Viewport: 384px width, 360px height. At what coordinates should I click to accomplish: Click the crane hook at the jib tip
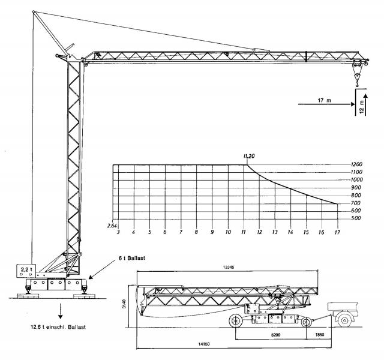coord(357,85)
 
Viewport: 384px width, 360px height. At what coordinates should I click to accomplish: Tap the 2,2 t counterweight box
coord(26,271)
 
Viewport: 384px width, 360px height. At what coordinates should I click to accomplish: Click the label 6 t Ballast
coord(132,258)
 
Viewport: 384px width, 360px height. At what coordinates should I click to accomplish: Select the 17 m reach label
coord(324,100)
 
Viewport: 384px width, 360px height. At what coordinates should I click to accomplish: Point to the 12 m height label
coord(362,107)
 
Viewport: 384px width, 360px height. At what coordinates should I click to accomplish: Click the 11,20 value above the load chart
coord(248,156)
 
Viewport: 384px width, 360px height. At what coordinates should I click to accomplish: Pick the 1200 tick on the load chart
coord(356,164)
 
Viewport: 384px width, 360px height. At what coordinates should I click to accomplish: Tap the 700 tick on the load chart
coord(355,203)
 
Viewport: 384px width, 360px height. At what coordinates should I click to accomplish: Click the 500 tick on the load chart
coord(356,218)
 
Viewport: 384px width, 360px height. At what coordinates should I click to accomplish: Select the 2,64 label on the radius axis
coord(112,226)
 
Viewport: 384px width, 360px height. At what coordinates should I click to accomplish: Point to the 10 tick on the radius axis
coord(228,232)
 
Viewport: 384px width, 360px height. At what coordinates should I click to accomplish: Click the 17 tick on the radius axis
coord(337,232)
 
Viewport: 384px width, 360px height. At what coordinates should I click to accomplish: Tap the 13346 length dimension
coord(228,267)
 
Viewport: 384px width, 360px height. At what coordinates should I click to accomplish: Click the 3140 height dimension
coord(124,304)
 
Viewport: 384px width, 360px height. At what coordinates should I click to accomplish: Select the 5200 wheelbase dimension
coord(276,335)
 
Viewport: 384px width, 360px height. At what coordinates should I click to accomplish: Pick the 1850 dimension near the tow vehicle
coord(319,335)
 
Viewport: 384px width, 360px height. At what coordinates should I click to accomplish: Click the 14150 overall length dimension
coord(204,344)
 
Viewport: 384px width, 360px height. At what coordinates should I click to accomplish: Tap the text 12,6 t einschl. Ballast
coord(58,327)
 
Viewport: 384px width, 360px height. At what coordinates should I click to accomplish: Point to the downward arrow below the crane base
coord(60,311)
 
